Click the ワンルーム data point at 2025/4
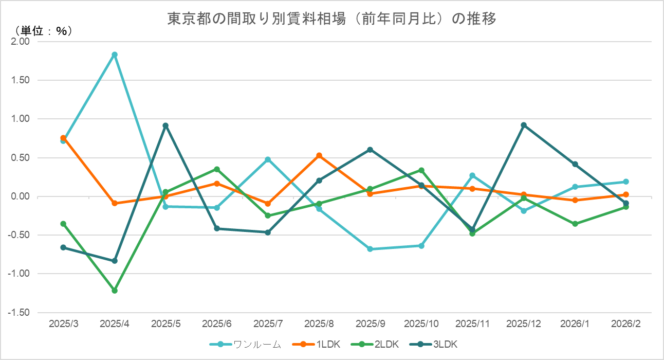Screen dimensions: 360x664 [115, 55]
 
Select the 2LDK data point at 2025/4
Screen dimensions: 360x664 [115, 291]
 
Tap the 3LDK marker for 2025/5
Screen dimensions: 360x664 [165, 125]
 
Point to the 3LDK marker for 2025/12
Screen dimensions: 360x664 [524, 125]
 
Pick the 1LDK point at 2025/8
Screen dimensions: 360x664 [319, 155]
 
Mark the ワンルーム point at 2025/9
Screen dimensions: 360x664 [370, 249]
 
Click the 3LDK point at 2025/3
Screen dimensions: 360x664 [63, 247]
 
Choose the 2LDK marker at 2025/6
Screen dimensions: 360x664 [217, 169]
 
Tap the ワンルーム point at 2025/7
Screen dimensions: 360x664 [268, 159]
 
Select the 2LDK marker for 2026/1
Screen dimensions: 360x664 [575, 224]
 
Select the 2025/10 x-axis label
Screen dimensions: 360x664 [421, 324]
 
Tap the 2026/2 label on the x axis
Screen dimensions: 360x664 [626, 324]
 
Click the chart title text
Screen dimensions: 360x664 [331, 19]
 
